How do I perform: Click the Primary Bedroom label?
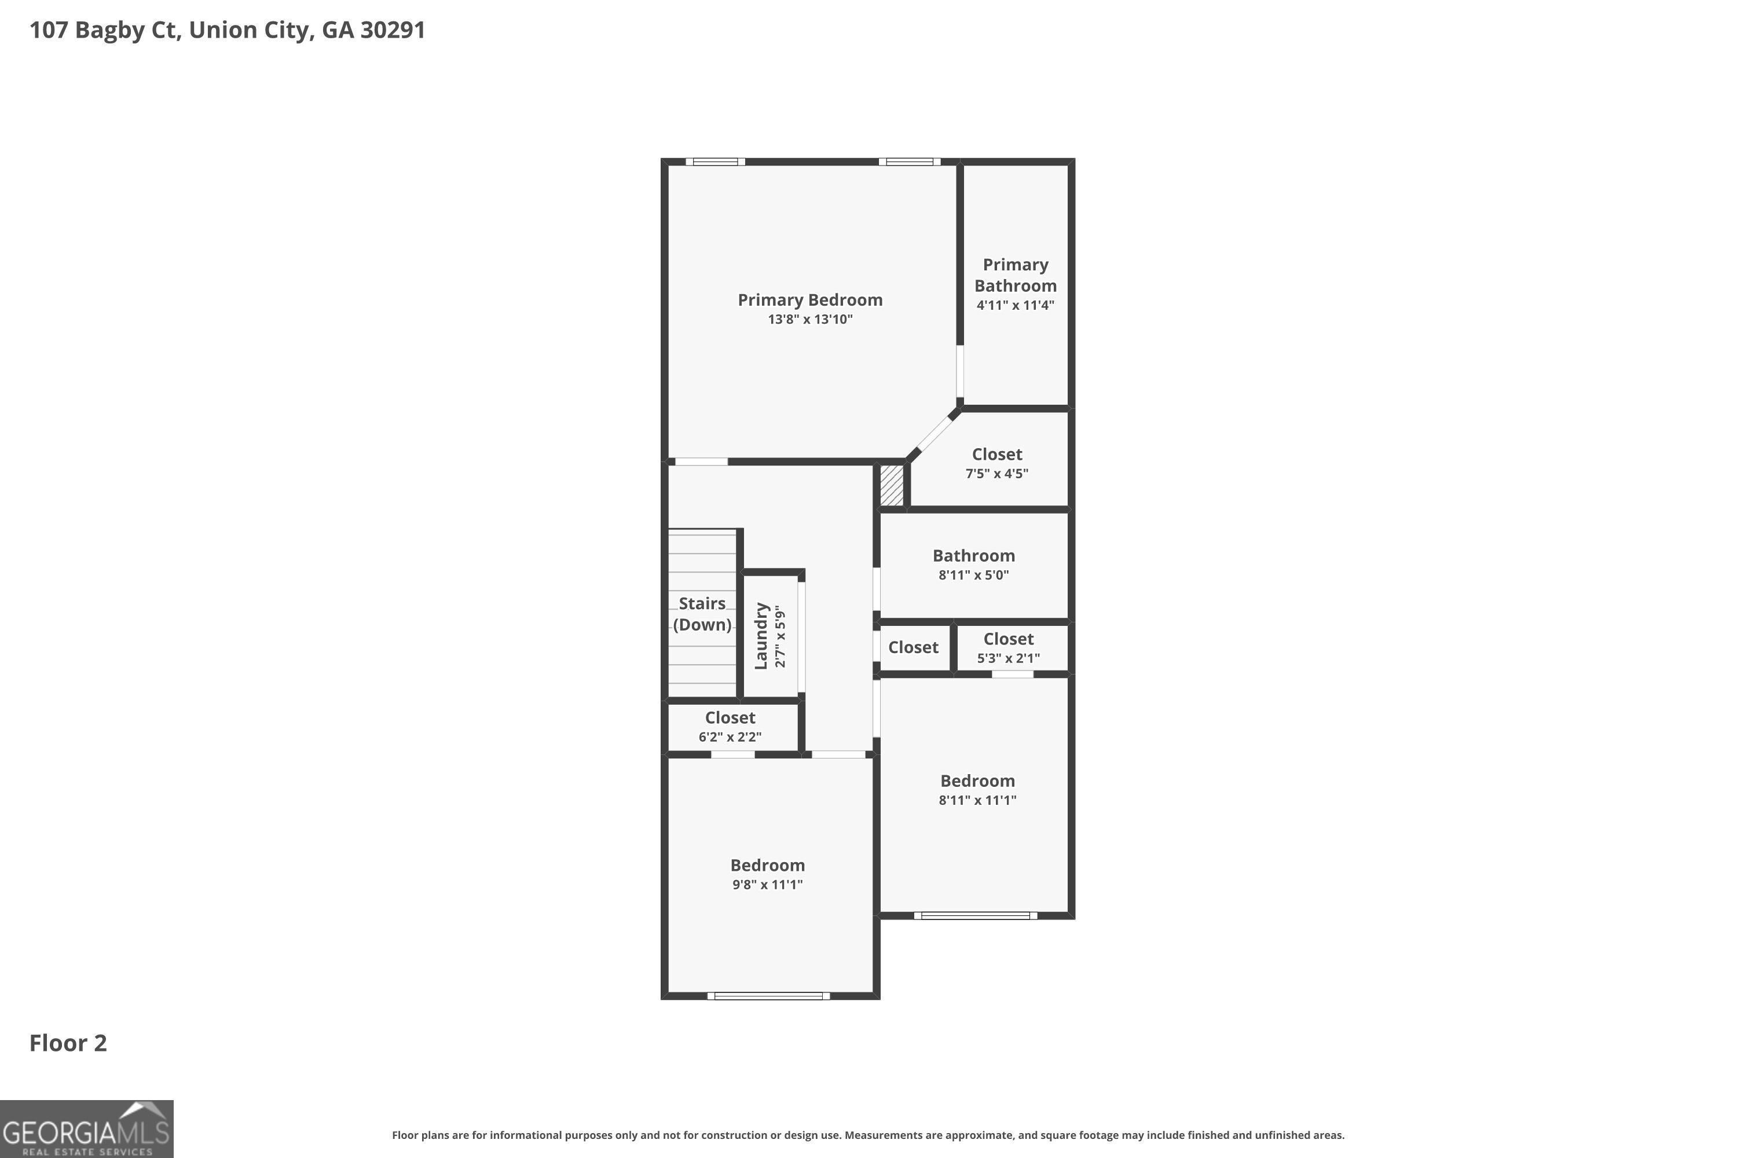[810, 300]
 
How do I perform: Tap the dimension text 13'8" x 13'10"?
[810, 320]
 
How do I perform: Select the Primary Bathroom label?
[1016, 274]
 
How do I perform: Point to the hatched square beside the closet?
[892, 485]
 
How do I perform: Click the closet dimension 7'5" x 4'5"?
[996, 474]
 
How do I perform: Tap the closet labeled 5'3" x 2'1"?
[1008, 648]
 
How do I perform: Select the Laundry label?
[761, 636]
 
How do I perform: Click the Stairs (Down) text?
[702, 614]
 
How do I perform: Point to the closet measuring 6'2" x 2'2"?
[730, 727]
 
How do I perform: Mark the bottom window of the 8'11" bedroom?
[975, 916]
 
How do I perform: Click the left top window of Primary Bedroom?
[715, 162]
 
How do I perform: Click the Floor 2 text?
[68, 1043]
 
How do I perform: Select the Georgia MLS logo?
[86, 1129]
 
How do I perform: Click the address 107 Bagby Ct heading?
[227, 30]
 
